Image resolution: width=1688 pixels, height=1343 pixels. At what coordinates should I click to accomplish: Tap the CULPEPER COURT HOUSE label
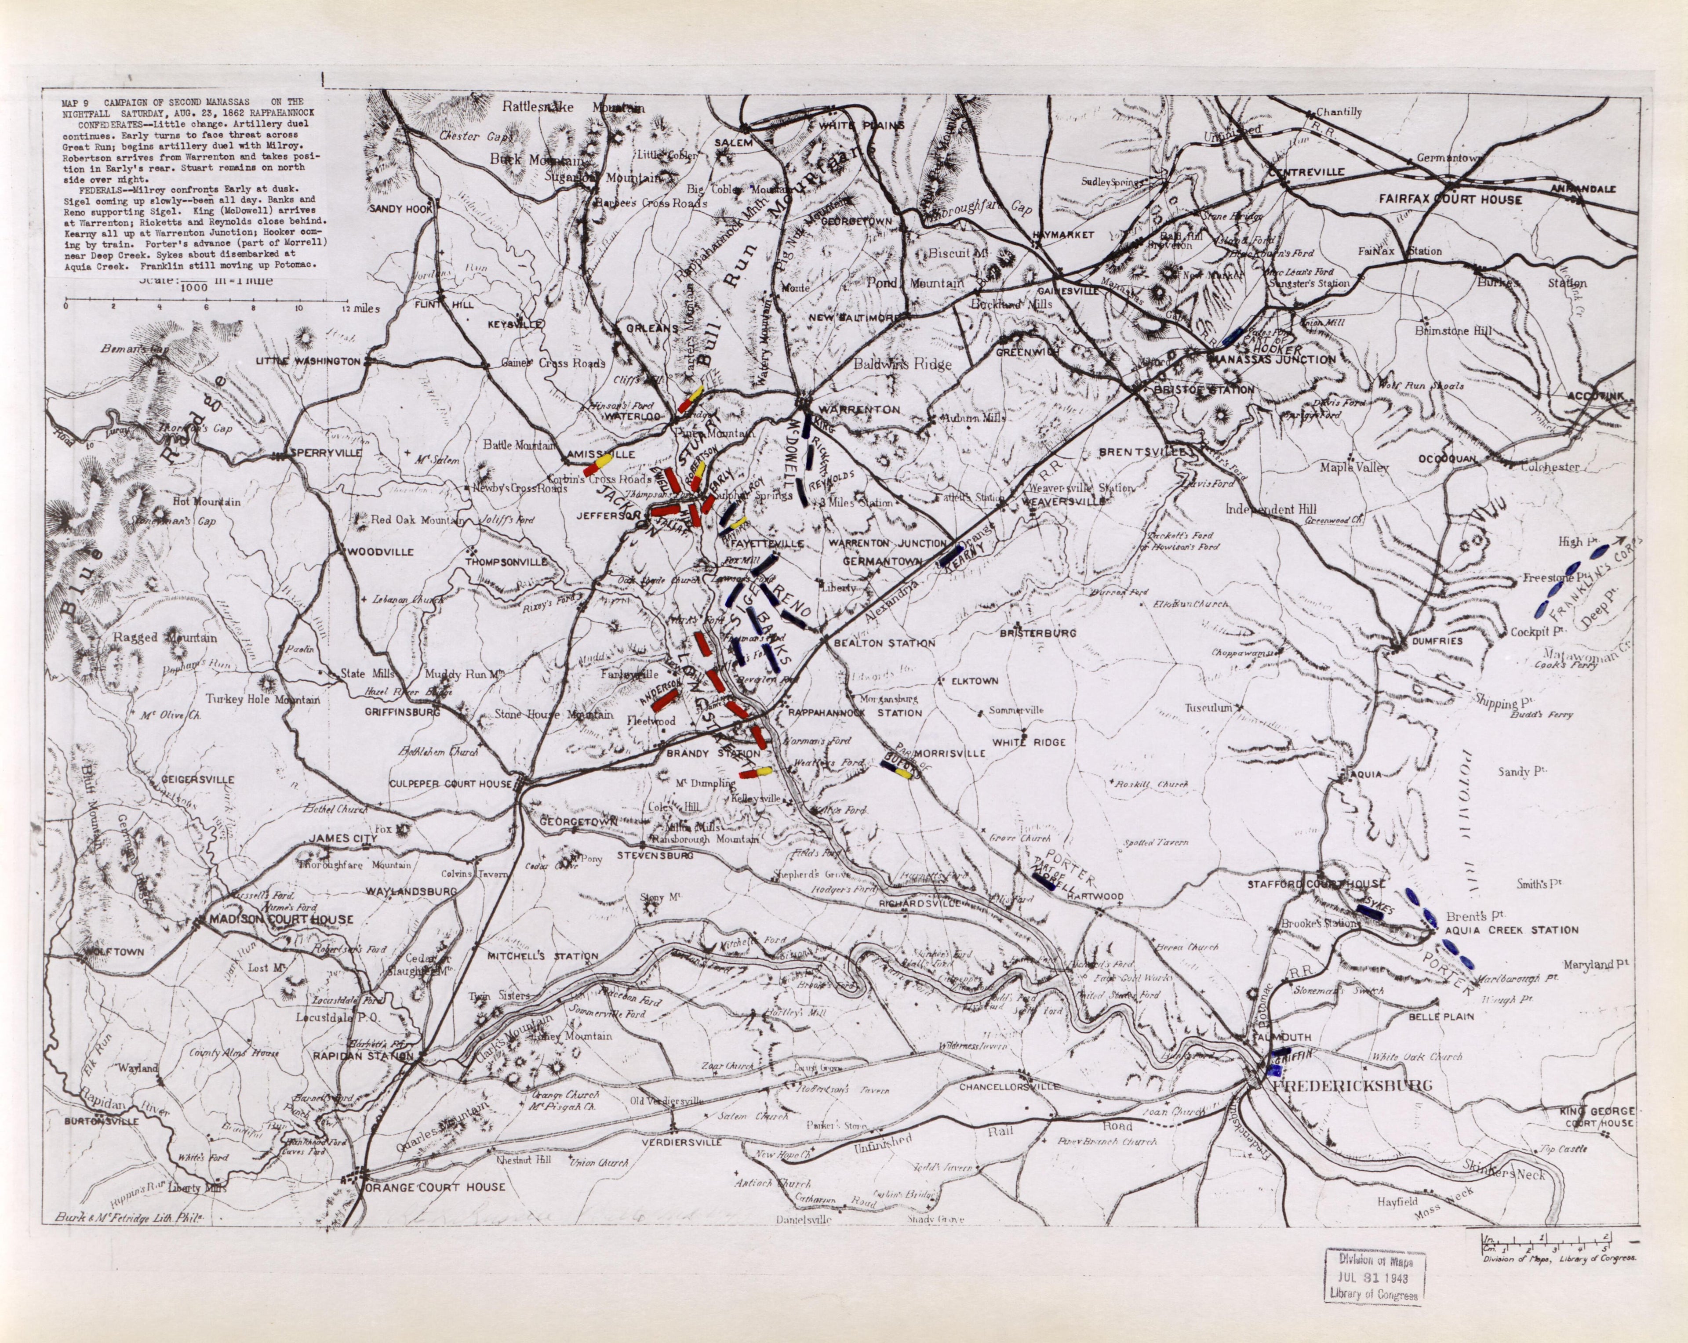452,784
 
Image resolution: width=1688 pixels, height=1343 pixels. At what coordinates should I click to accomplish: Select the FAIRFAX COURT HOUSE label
1450,200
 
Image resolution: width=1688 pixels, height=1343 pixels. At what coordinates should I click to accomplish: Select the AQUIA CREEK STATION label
1511,930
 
